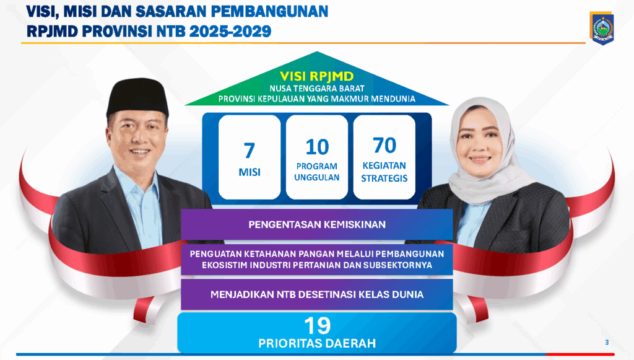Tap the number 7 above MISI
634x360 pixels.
click(250, 151)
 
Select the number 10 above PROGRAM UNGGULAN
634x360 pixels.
click(317, 147)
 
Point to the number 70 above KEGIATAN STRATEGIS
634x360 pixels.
click(384, 145)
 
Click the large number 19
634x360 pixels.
click(318, 326)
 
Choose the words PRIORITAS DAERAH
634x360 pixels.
click(317, 343)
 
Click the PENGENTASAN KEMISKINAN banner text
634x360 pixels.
click(317, 224)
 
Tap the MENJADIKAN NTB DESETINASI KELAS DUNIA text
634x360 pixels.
click(317, 294)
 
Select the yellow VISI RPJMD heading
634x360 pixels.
click(317, 76)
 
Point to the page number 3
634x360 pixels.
click(607, 342)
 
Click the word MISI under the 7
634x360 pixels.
click(250, 172)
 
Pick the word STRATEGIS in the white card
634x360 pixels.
click(384, 178)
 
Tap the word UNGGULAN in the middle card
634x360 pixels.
click(316, 178)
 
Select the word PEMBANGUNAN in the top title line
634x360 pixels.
click(270, 12)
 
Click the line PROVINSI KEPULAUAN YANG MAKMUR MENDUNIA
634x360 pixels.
click(317, 99)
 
